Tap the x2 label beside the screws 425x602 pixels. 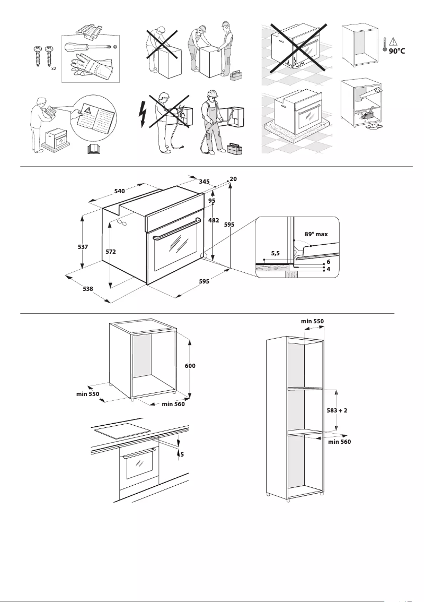tap(54, 69)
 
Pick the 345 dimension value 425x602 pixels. tap(204, 182)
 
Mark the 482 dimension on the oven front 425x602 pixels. tap(214, 220)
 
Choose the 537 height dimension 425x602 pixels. tap(83, 247)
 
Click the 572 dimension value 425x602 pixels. tap(111, 251)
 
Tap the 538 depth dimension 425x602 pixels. tap(88, 289)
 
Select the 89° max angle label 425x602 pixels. tap(316, 234)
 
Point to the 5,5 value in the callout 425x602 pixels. tap(276, 254)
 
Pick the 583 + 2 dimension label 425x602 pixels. tap(337, 410)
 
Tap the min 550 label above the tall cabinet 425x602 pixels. tap(312, 321)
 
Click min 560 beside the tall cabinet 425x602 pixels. tap(339, 441)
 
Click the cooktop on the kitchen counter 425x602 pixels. tap(121, 431)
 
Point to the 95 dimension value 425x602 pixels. tap(211, 201)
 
